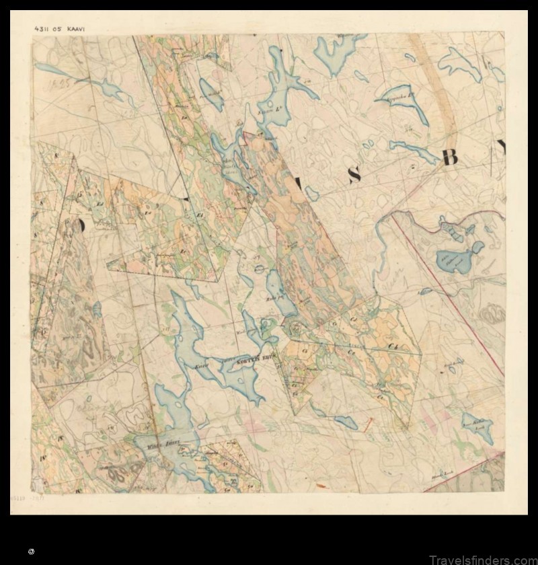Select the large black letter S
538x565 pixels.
point(354,175)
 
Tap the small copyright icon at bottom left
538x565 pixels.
point(31,551)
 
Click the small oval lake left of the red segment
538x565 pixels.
point(346,421)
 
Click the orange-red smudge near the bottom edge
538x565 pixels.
point(321,486)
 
